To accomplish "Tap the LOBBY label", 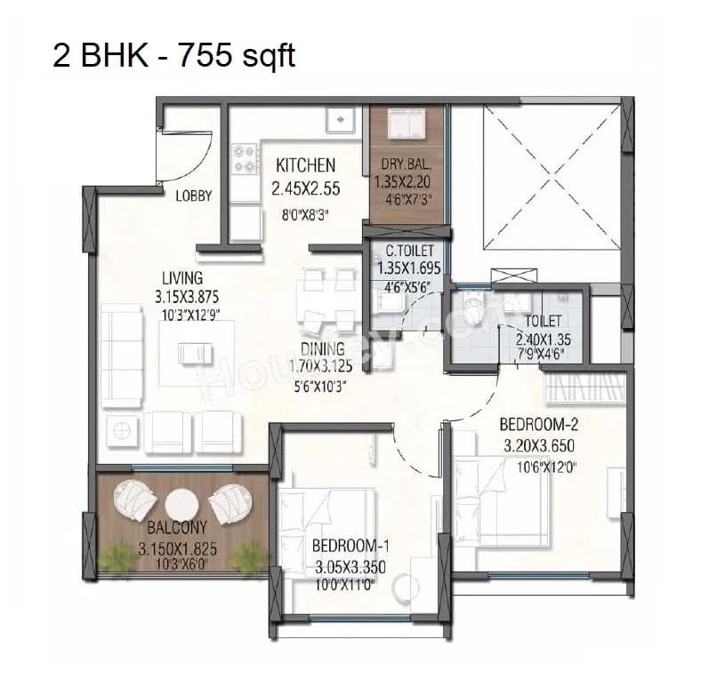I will pos(193,196).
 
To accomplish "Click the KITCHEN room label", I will pos(305,165).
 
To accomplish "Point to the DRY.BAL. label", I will pos(407,164).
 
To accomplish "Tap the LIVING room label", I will pos(181,278).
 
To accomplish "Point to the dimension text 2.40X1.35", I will pos(543,338).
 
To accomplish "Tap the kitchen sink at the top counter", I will pos(341,119).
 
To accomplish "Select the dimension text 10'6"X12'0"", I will pos(539,465).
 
